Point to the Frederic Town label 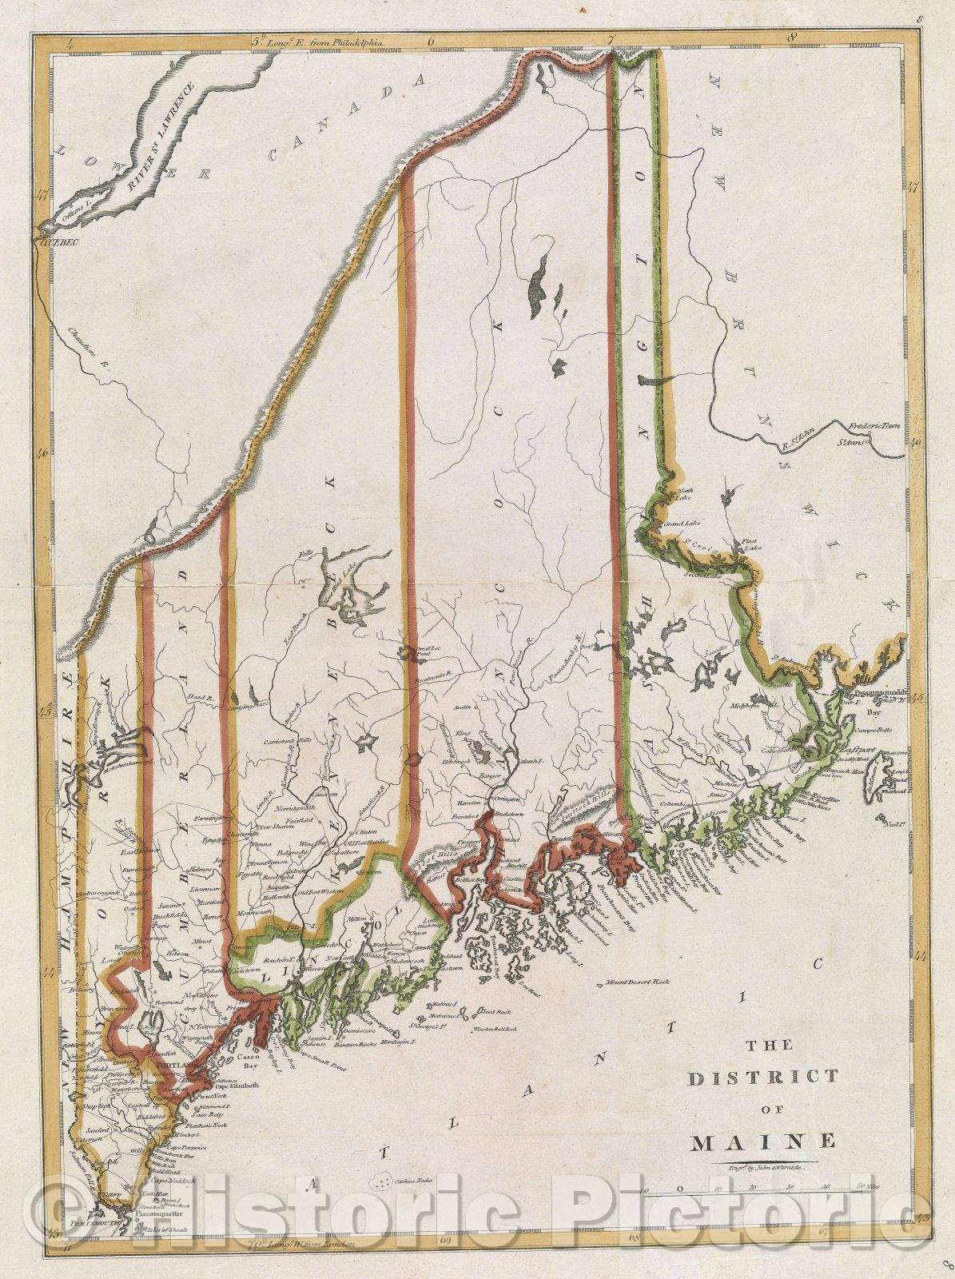pyautogui.click(x=874, y=427)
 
